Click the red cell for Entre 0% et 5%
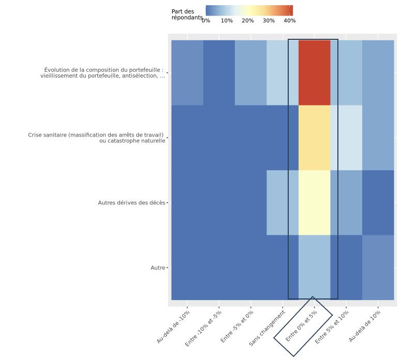tap(314, 72)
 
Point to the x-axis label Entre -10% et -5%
tap(204, 328)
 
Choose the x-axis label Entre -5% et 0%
tap(238, 326)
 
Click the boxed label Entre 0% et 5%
tap(303, 326)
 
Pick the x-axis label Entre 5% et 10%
tap(332, 326)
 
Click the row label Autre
tap(158, 268)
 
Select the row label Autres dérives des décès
tap(131, 203)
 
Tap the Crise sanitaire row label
tap(97, 138)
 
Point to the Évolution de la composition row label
tap(103, 73)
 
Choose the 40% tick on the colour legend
tap(290, 21)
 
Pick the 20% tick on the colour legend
tap(248, 21)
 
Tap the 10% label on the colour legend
tap(227, 21)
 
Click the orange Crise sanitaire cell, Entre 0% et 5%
tap(314, 138)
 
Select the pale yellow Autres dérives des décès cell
tap(314, 203)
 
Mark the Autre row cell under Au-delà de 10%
tap(378, 267)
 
